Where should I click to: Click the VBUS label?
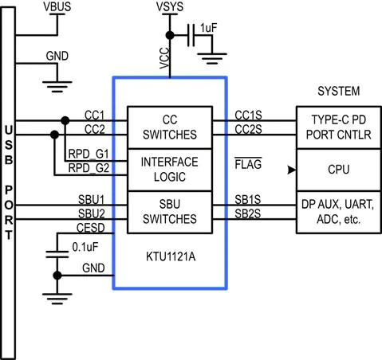pyautogui.click(x=57, y=7)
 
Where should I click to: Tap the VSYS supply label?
pyautogui.click(x=170, y=7)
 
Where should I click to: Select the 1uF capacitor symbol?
pyautogui.click(x=191, y=35)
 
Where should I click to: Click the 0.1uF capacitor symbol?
pyautogui.click(x=57, y=254)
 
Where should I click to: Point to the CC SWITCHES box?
pyautogui.click(x=170, y=127)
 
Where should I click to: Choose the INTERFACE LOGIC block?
pyautogui.click(x=170, y=170)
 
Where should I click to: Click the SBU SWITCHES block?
pyautogui.click(x=170, y=212)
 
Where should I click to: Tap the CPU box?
pyautogui.click(x=339, y=170)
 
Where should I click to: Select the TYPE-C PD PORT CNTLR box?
pyautogui.click(x=339, y=127)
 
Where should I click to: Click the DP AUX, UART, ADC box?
pyautogui.click(x=339, y=212)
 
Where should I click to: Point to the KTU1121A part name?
pyautogui.click(x=171, y=256)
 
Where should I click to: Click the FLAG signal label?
pyautogui.click(x=248, y=164)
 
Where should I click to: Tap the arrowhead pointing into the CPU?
pyautogui.click(x=292, y=170)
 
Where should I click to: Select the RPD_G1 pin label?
pyautogui.click(x=89, y=155)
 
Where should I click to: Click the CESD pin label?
pyautogui.click(x=91, y=228)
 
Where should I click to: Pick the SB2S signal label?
pyautogui.click(x=248, y=213)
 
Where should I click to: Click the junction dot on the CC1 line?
pyautogui.click(x=65, y=120)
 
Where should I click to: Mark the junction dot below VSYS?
pyautogui.click(x=170, y=35)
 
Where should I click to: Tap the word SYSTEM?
pyautogui.click(x=339, y=91)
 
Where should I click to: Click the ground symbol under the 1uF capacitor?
pyautogui.click(x=212, y=59)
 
